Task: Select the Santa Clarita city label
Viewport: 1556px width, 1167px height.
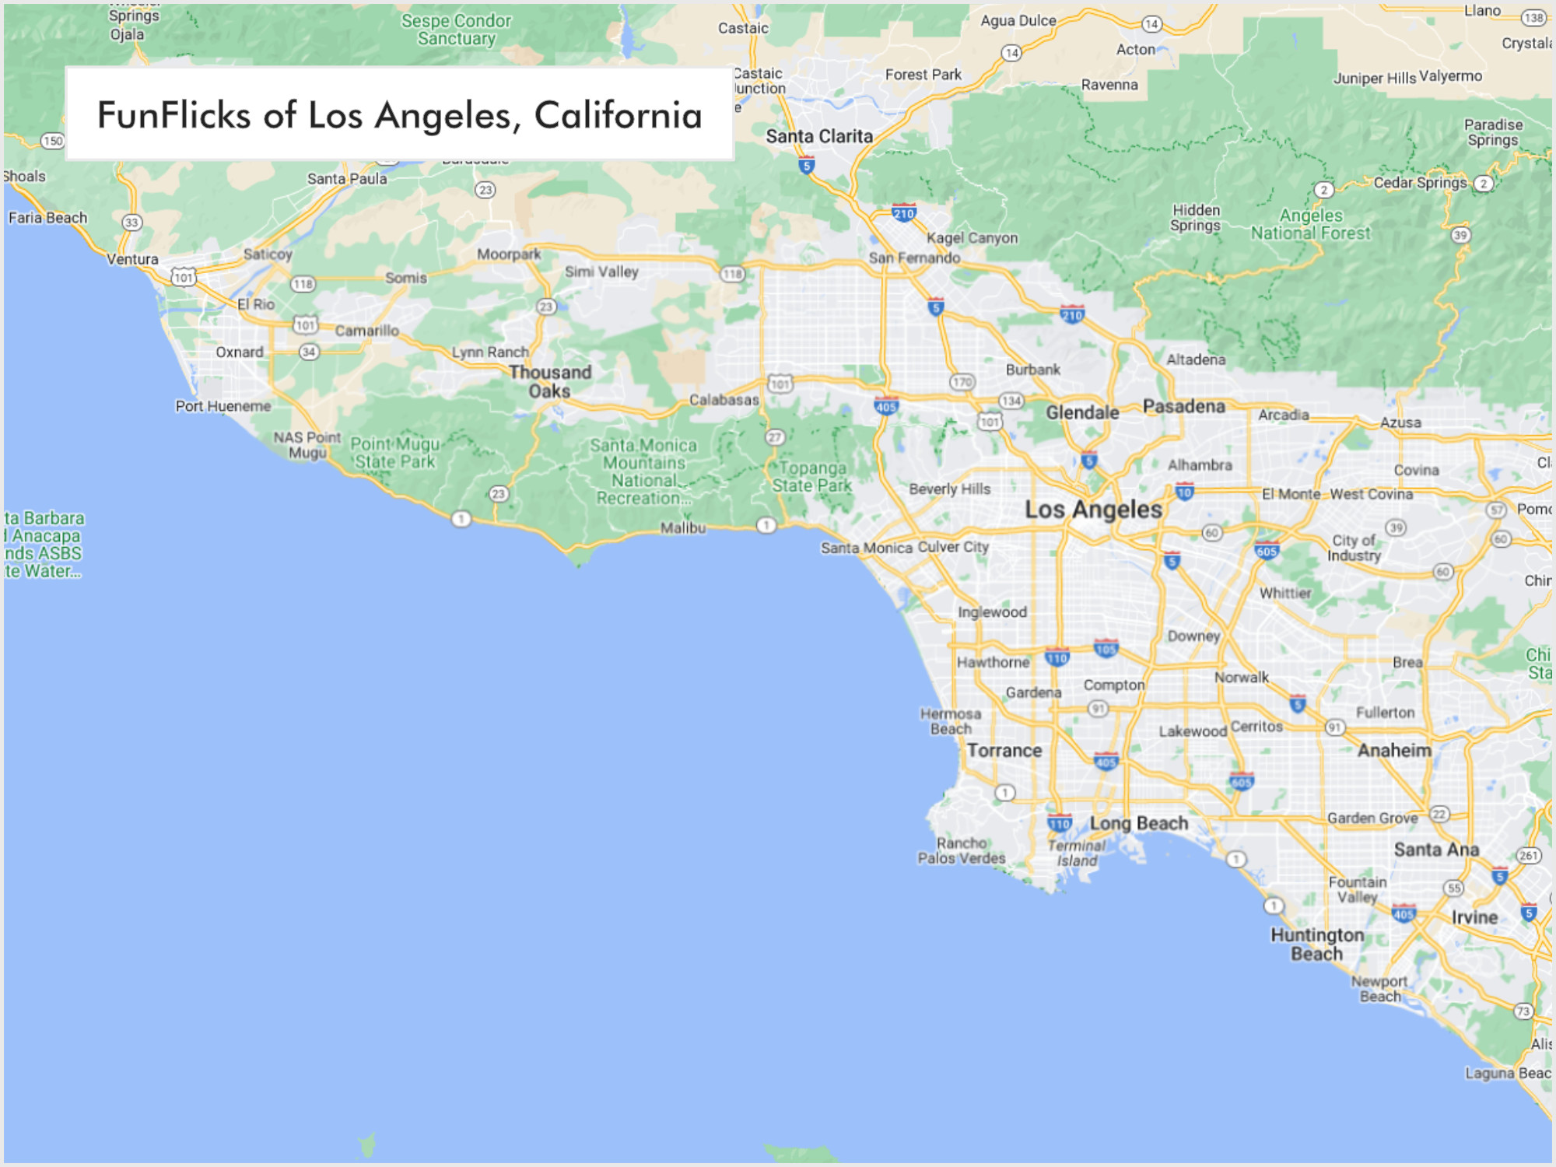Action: pyautogui.click(x=819, y=136)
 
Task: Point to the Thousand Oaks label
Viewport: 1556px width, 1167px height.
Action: pyautogui.click(x=550, y=381)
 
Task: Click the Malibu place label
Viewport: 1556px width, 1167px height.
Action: pyautogui.click(x=683, y=527)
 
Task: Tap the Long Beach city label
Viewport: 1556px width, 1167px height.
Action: pyautogui.click(x=1139, y=823)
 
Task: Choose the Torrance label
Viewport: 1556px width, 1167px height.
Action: pyautogui.click(x=1004, y=751)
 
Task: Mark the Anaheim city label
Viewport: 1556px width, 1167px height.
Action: pyautogui.click(x=1394, y=750)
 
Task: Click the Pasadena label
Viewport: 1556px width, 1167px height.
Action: pyautogui.click(x=1183, y=406)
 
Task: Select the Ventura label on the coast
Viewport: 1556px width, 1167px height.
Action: pyautogui.click(x=132, y=259)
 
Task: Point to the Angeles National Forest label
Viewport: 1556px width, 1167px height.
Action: pyautogui.click(x=1311, y=224)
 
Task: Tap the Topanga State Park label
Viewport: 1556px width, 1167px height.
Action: pyautogui.click(x=812, y=477)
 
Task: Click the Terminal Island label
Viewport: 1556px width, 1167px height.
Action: pyautogui.click(x=1077, y=853)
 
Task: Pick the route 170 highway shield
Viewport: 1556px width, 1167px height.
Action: pyautogui.click(x=962, y=382)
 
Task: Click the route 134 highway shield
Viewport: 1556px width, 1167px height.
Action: pyautogui.click(x=1011, y=401)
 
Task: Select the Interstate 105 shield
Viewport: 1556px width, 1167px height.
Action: pyautogui.click(x=1106, y=648)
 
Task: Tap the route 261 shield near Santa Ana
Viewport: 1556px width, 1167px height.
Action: pyautogui.click(x=1529, y=856)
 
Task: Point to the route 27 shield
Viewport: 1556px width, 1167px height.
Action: pyautogui.click(x=775, y=437)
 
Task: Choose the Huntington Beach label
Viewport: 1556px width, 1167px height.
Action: pyautogui.click(x=1317, y=944)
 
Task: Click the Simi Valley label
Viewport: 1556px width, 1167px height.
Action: pyautogui.click(x=601, y=272)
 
